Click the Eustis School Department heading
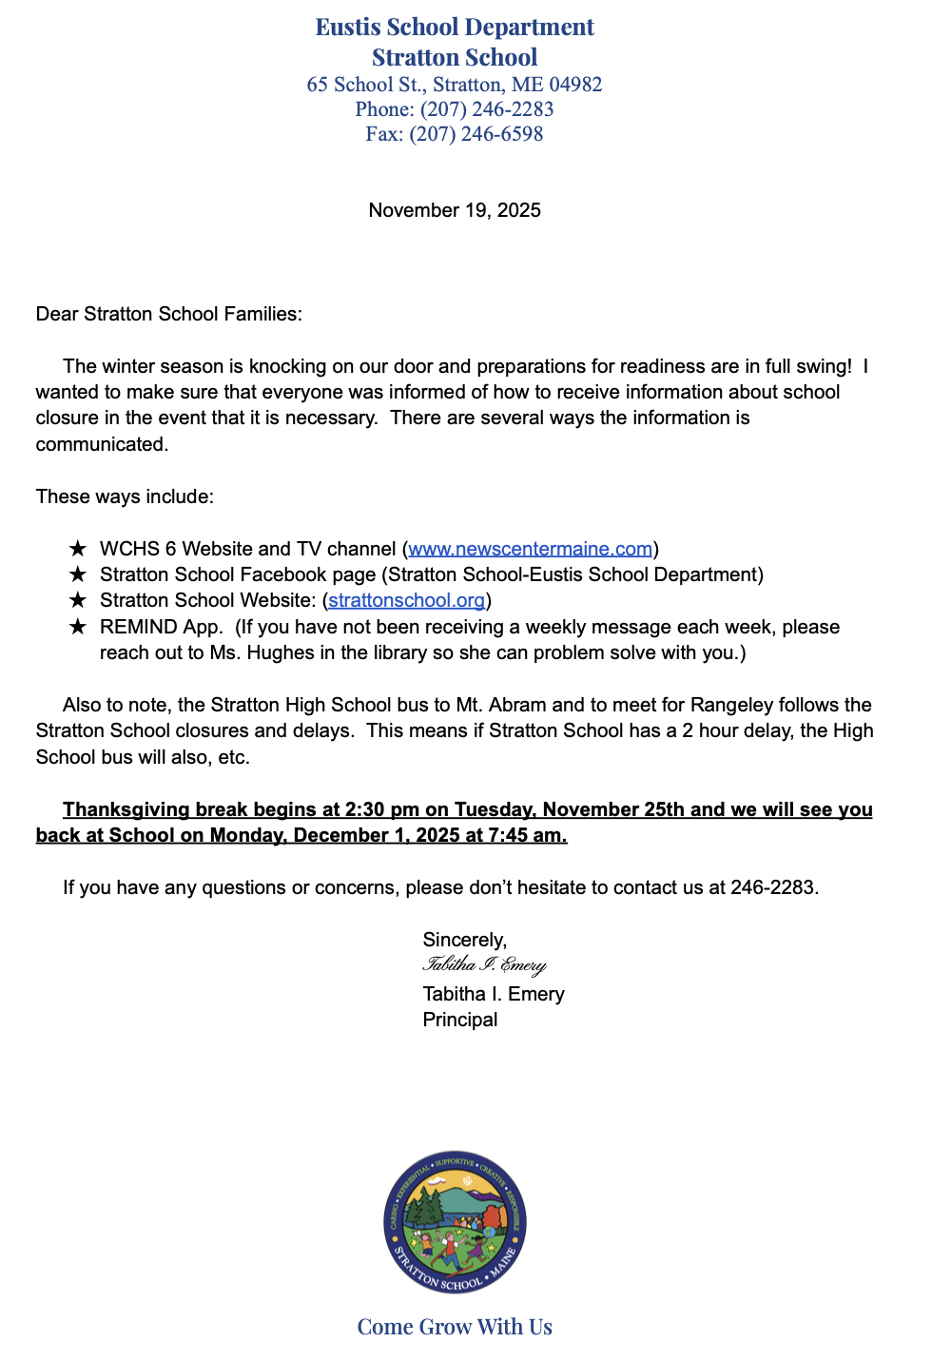coord(455,28)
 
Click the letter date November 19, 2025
coord(455,210)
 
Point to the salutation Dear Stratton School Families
coord(168,314)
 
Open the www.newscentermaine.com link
coord(531,549)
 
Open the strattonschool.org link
coord(406,600)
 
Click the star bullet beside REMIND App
coord(78,627)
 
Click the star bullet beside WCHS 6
coord(78,549)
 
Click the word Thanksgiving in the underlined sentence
coord(126,809)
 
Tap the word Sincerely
coord(465,940)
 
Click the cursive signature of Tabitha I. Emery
coord(484,965)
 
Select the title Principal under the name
coord(460,1020)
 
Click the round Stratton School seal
coord(455,1222)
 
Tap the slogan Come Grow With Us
coord(455,1327)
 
